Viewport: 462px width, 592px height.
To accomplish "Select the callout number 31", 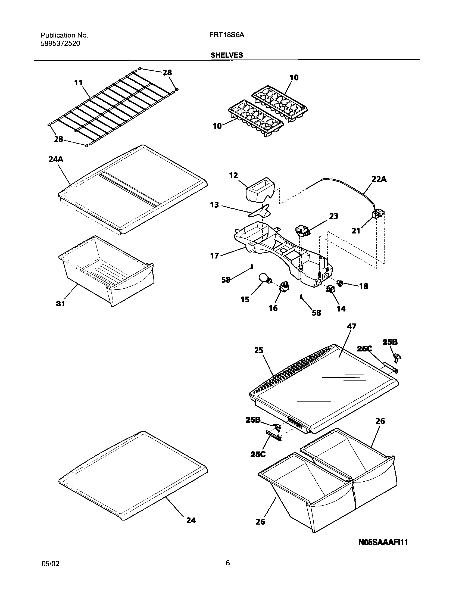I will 60,303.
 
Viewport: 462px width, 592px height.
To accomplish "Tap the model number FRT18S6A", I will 227,35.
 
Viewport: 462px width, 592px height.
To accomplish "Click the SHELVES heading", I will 227,55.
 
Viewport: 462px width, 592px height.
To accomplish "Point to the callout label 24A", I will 56,159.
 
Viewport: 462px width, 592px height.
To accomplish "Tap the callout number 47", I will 351,326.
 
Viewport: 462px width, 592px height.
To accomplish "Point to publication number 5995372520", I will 60,43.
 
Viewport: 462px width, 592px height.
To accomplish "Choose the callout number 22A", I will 379,179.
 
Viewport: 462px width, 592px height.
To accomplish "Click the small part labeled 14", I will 330,290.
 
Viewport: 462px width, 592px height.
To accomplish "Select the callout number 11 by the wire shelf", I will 79,83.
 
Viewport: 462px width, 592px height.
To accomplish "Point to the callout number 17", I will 214,256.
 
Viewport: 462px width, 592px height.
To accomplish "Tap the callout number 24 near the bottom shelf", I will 191,520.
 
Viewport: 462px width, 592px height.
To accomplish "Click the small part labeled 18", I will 340,283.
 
